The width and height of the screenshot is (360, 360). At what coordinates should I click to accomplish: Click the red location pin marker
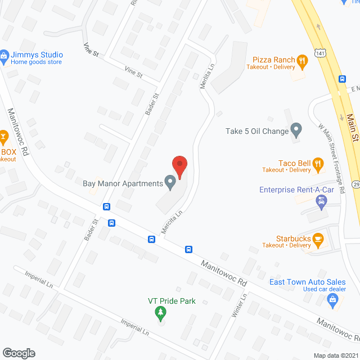(x=179, y=166)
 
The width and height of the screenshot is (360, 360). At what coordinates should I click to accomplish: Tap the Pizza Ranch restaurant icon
(x=302, y=60)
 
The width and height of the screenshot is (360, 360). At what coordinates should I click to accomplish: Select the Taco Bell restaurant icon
(x=318, y=164)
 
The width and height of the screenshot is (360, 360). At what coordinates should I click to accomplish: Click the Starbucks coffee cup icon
(x=318, y=239)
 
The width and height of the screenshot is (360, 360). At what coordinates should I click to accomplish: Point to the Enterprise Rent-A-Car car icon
(x=322, y=204)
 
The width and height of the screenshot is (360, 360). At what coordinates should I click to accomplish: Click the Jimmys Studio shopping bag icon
(x=4, y=55)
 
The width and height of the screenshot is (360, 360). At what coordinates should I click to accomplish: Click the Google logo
(x=19, y=353)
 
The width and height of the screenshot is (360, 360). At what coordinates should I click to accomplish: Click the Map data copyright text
(x=336, y=355)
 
